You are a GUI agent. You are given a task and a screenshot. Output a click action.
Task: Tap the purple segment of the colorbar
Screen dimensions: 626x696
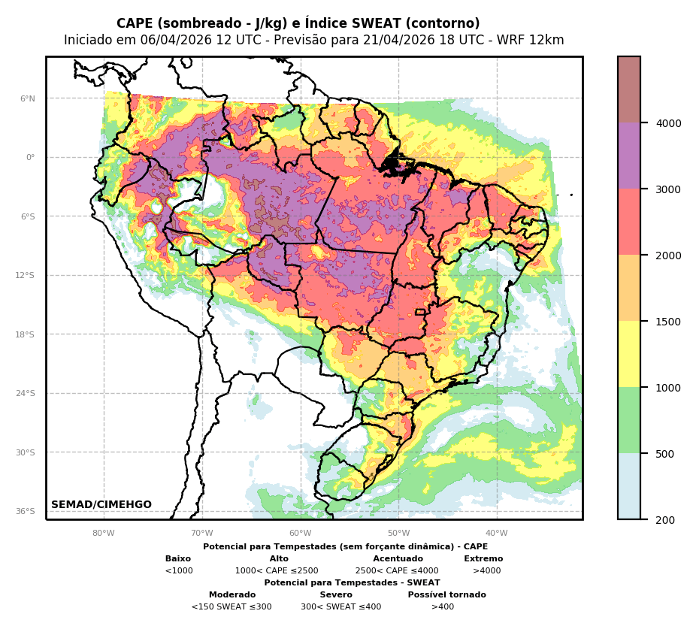pos(629,156)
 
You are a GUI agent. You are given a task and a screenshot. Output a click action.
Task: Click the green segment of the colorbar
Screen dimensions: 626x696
pos(629,420)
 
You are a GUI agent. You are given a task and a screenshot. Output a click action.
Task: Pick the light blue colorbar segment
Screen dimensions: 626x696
pos(629,486)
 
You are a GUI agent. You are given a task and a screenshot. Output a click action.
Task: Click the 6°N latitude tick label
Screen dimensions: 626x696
pos(28,98)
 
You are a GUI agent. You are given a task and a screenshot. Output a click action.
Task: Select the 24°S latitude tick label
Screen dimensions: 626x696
pos(26,393)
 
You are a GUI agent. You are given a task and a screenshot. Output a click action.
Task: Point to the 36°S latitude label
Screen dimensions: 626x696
pos(26,511)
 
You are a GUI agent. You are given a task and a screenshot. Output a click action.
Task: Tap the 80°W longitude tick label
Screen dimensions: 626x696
pos(104,534)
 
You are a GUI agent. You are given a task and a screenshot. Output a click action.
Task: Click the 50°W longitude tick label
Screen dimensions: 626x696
pos(398,534)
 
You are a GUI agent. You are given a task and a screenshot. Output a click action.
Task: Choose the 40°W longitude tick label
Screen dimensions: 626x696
pos(497,534)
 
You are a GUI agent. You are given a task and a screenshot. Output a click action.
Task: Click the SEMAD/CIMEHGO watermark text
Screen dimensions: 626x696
pos(101,505)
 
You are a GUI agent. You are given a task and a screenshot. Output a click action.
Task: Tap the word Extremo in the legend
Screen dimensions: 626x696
pos(483,559)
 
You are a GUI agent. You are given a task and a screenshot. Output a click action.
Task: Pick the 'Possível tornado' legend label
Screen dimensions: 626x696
pos(446,595)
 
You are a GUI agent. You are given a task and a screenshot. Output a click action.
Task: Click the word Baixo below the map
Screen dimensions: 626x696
pos(178,559)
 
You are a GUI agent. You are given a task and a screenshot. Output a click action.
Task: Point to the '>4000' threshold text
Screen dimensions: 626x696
pos(486,571)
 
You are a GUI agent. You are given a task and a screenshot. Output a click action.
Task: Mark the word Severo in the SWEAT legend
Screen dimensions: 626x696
pos(336,595)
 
